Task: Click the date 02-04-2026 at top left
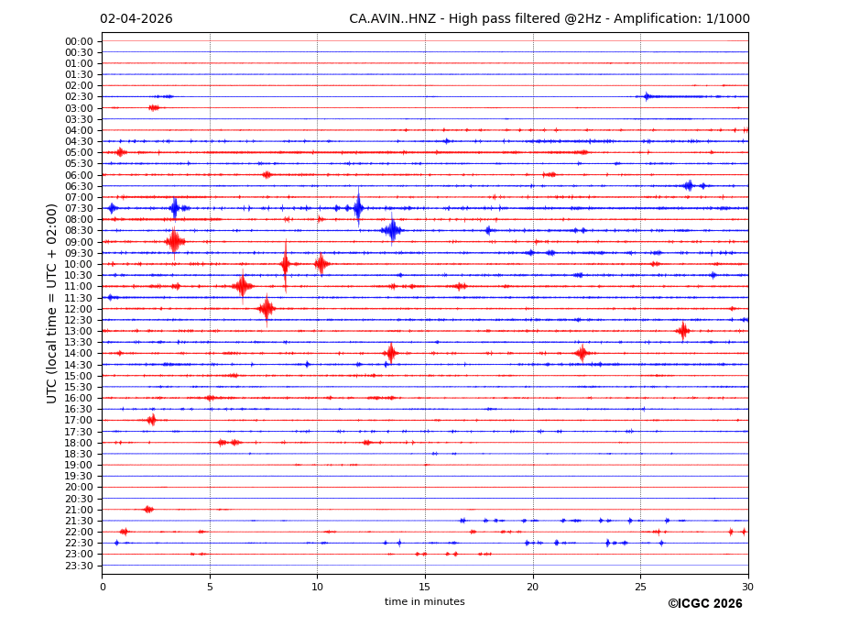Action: coord(136,19)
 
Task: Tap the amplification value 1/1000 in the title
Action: coord(728,19)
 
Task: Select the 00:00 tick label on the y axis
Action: coord(79,41)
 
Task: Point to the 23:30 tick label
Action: coord(79,566)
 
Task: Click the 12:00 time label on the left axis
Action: coord(79,309)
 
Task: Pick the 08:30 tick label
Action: coord(79,231)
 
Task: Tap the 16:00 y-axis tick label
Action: coord(79,398)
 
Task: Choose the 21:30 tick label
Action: coord(79,521)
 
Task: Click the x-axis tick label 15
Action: coord(425,587)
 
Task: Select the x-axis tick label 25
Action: coord(640,587)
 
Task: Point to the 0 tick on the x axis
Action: coord(103,587)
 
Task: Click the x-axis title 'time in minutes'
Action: coord(425,602)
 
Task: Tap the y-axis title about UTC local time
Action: coord(52,302)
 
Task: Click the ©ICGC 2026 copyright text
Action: coord(704,604)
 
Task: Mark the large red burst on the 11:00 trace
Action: coord(242,286)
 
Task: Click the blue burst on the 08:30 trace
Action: coord(392,230)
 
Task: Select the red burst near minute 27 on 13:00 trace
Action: coord(682,331)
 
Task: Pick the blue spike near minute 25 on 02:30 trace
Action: coord(647,96)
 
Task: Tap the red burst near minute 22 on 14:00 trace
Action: coord(582,353)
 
